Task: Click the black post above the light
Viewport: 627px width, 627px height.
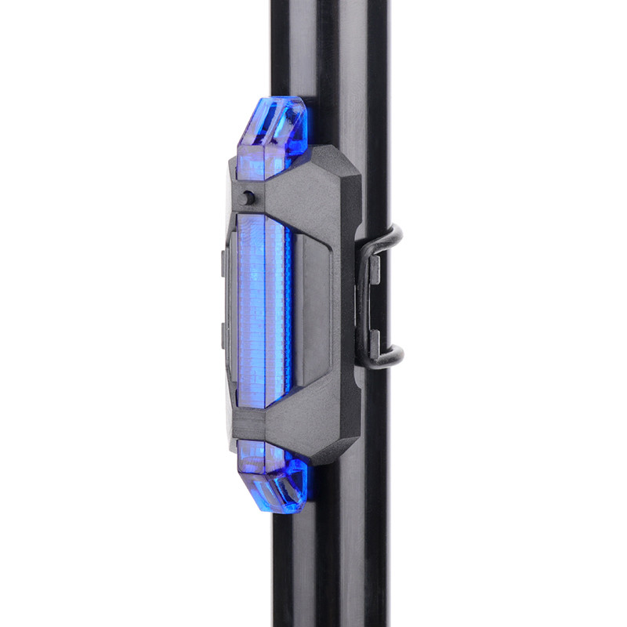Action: click(329, 47)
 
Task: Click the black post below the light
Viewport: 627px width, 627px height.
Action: click(329, 564)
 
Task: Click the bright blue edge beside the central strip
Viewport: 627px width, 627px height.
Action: click(288, 313)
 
